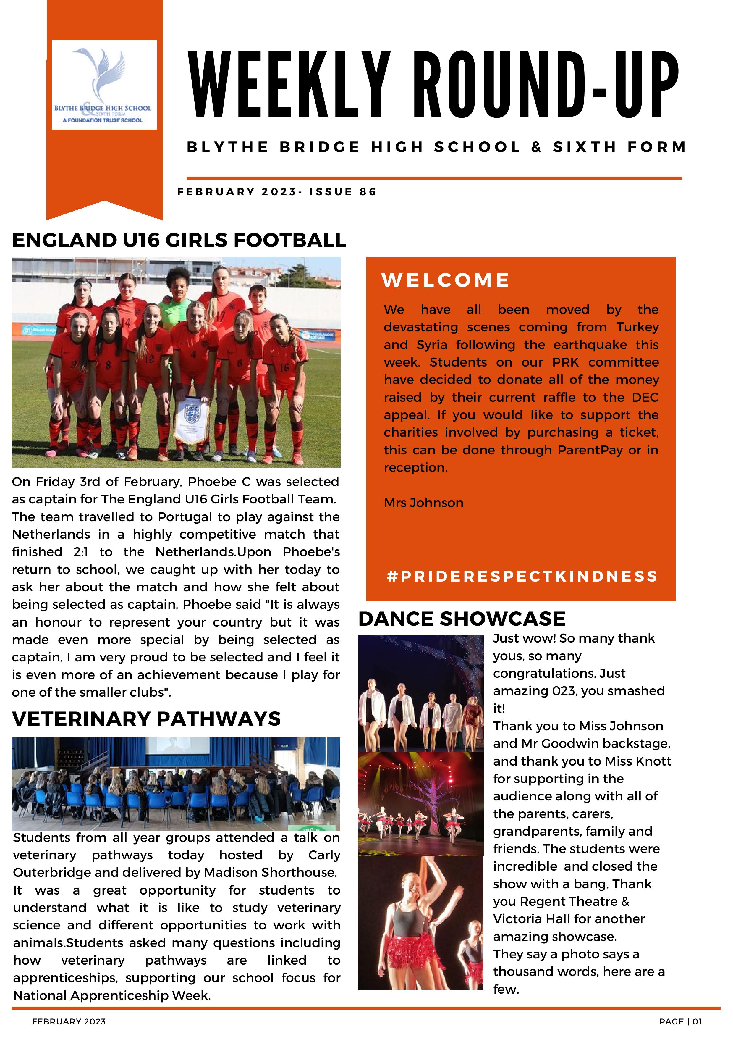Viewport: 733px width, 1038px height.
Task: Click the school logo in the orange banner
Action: (x=104, y=85)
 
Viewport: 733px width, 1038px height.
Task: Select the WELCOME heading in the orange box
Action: (x=446, y=280)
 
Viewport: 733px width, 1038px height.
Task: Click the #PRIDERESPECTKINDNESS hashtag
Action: (x=522, y=577)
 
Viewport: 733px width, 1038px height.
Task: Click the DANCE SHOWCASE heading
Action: (x=461, y=619)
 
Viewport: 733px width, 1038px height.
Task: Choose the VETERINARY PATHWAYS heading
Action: (x=146, y=719)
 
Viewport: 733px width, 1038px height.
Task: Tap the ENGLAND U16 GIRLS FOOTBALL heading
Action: (x=179, y=240)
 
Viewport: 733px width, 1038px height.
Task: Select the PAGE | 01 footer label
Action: (x=680, y=1021)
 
